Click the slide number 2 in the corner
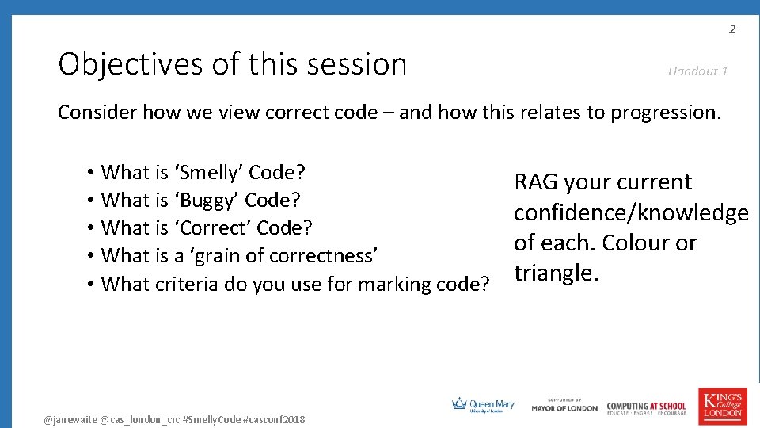coord(732,30)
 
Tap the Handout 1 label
coord(697,71)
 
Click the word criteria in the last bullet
coord(189,284)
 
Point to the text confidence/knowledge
coord(631,212)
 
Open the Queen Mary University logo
coord(483,405)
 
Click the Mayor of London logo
coord(564,406)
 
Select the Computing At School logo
coord(647,407)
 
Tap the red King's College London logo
coord(721,404)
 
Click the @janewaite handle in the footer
coord(70,419)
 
